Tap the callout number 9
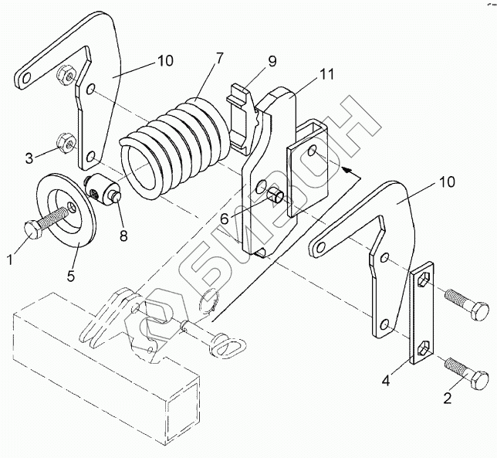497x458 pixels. [x=272, y=61]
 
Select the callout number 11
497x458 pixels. [x=327, y=74]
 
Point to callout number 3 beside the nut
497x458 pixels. [x=29, y=158]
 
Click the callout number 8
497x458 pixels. [x=123, y=236]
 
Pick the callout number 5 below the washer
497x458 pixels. [x=71, y=275]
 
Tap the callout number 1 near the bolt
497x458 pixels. [x=10, y=260]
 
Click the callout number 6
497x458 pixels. [x=224, y=219]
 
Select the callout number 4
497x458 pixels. [x=386, y=380]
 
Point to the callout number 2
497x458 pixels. [x=448, y=398]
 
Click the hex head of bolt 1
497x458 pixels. [x=33, y=229]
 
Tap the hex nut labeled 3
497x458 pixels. [x=66, y=143]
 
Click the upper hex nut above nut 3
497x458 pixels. [x=66, y=75]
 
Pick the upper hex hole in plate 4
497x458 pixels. [x=424, y=280]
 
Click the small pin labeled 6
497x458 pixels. [x=276, y=195]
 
